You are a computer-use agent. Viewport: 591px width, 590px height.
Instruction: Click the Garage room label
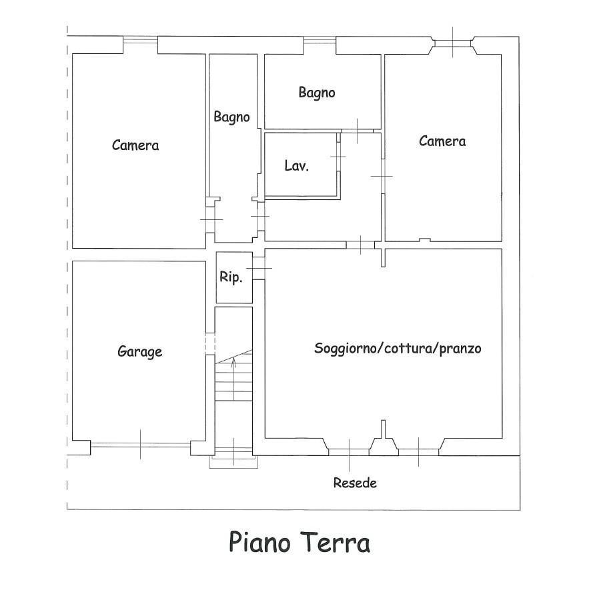point(140,352)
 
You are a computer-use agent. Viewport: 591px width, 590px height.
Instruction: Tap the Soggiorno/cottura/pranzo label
point(398,348)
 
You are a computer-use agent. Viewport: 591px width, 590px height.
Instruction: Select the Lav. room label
point(297,165)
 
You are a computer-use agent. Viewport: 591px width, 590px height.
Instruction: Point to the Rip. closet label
point(231,278)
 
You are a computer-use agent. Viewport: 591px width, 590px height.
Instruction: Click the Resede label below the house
point(355,483)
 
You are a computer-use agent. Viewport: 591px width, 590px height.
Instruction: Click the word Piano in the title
point(259,542)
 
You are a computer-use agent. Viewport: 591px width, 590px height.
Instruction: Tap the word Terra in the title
point(336,542)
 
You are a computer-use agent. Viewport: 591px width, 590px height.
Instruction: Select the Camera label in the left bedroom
point(135,145)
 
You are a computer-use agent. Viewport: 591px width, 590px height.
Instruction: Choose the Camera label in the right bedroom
point(442,141)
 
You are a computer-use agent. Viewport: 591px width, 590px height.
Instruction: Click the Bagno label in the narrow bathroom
point(231,117)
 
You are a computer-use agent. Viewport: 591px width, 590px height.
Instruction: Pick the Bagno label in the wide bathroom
point(317,92)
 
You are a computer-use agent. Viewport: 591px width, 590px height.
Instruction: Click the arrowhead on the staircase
point(233,361)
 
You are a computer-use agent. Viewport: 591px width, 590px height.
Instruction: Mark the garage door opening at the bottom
point(140,445)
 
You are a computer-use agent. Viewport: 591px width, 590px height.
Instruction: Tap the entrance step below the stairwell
point(233,462)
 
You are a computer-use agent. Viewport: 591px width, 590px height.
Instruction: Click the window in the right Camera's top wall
point(453,43)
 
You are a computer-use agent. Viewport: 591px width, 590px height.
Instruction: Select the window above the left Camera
point(140,39)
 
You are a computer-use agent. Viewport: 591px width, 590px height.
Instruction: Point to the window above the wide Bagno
point(320,40)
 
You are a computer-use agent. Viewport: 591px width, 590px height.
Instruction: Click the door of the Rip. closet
point(259,268)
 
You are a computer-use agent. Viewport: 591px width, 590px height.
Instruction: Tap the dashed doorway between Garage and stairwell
point(210,344)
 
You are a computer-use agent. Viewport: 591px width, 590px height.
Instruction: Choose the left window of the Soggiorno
point(349,452)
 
